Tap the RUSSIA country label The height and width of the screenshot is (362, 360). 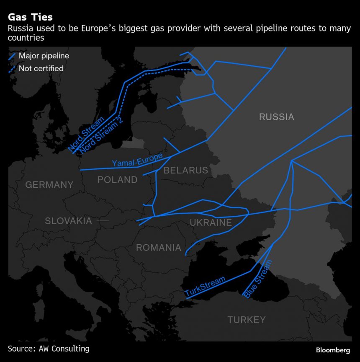pyautogui.click(x=276, y=117)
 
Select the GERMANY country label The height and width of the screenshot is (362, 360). pyautogui.click(x=49, y=185)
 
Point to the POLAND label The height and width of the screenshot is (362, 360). pyautogui.click(x=117, y=180)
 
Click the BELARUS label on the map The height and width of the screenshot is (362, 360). pyautogui.click(x=185, y=170)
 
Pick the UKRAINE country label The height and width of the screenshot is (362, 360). pyautogui.click(x=211, y=222)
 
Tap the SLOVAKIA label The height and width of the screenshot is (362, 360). pyautogui.click(x=68, y=221)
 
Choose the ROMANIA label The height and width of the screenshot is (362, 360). pyautogui.click(x=158, y=248)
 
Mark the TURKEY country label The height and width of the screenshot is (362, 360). pyautogui.click(x=246, y=320)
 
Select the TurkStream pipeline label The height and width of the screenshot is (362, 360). pyautogui.click(x=205, y=287)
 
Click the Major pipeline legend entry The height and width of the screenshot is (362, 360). pyautogui.click(x=44, y=56)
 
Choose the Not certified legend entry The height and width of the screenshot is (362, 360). pyautogui.click(x=41, y=68)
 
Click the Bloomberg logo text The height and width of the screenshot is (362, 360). pyautogui.click(x=333, y=349)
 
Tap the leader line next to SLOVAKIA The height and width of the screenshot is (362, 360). pyautogui.click(x=102, y=221)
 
